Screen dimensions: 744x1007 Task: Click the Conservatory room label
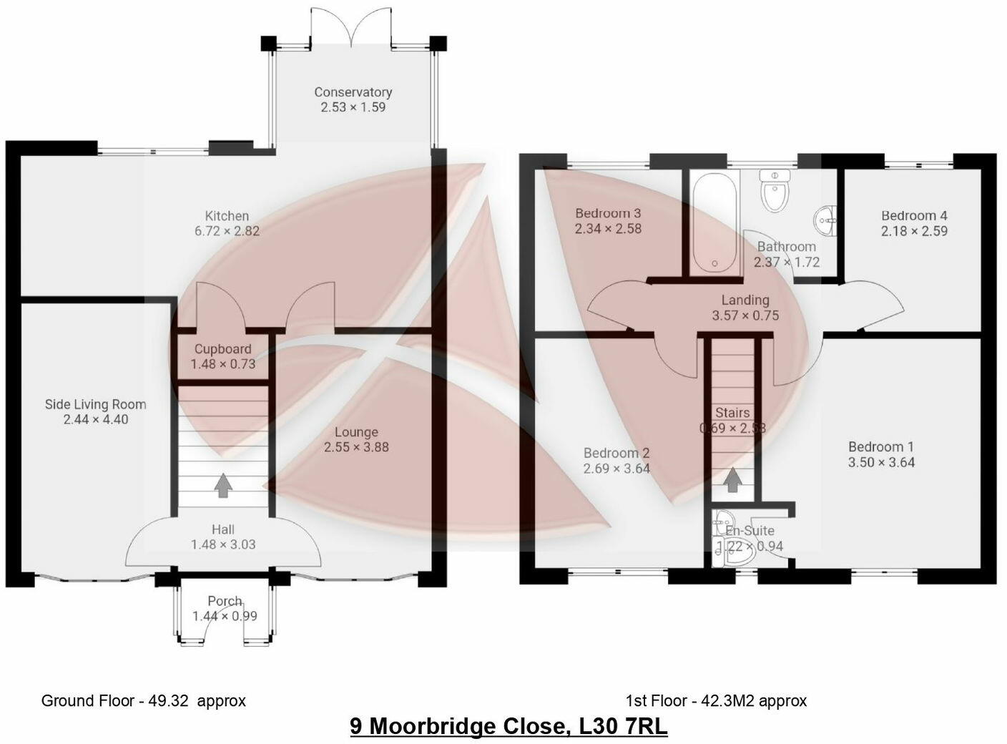coord(353,92)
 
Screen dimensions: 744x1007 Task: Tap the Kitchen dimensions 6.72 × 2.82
coord(227,231)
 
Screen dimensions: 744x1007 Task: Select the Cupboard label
coord(223,349)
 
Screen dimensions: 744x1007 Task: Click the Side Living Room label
coord(95,404)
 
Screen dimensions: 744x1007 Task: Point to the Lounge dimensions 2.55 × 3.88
coord(356,448)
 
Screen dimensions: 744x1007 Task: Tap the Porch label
coord(225,601)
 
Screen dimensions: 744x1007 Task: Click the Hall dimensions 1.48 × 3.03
coord(223,544)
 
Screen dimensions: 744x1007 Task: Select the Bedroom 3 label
coord(608,213)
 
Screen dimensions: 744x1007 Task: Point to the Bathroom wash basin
coord(826,217)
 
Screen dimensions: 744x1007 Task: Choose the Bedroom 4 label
coord(914,215)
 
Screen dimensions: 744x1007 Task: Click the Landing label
coord(745,300)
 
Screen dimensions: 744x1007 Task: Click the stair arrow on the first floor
coord(732,479)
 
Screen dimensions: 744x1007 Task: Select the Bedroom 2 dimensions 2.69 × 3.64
coord(617,469)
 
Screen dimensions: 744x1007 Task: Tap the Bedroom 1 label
coord(881,447)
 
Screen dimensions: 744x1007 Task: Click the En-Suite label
coord(750,531)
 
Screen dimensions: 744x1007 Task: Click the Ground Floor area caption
coord(143,700)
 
